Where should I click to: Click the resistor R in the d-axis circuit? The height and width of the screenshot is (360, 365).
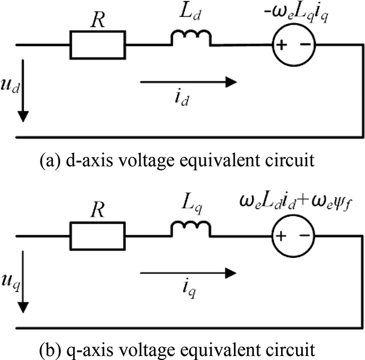click(97, 44)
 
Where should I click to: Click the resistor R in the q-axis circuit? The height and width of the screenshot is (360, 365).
click(97, 236)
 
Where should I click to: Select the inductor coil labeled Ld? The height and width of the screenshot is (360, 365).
click(191, 39)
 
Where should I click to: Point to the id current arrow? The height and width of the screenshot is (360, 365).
click(188, 82)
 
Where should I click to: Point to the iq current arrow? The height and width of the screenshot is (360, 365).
click(188, 271)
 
